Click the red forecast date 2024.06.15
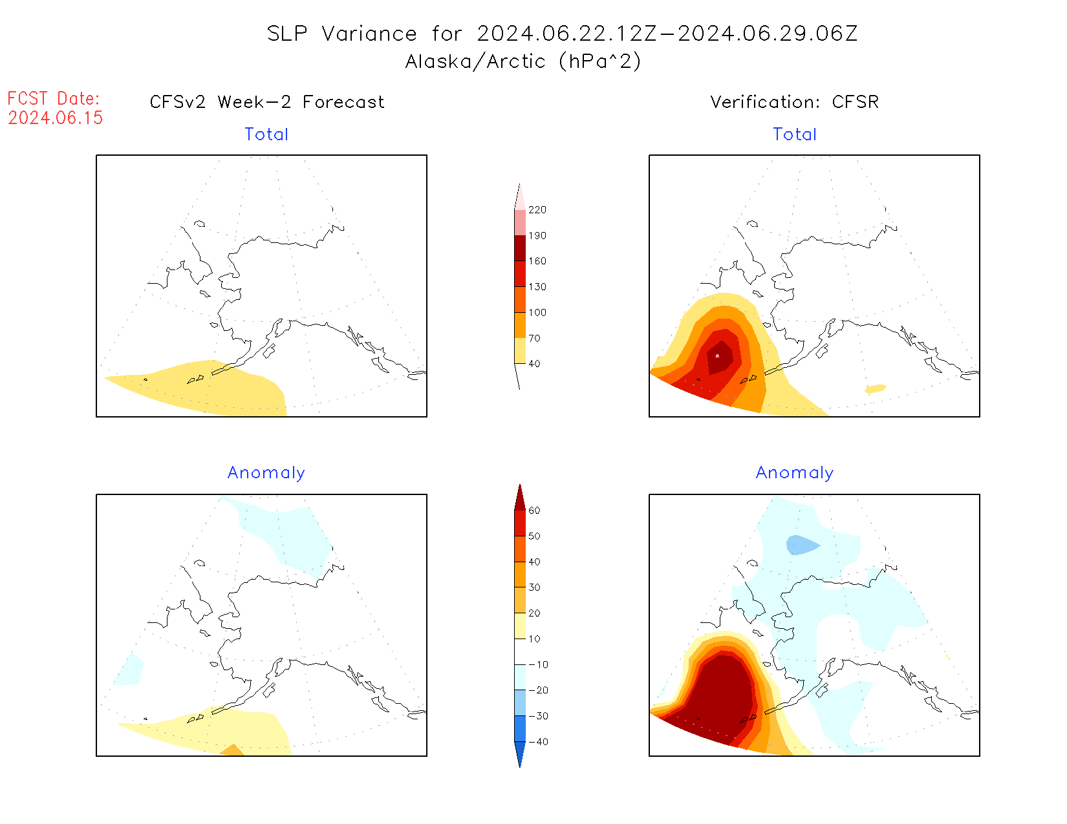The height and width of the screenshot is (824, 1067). pos(56,118)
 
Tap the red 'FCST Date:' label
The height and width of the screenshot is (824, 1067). pos(54,99)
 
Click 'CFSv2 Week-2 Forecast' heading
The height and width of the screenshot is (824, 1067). pos(267,102)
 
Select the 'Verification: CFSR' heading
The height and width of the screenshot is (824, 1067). pos(795,102)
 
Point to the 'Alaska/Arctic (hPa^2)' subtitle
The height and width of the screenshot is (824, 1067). pos(523,61)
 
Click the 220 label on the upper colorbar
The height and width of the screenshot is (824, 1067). pos(537,210)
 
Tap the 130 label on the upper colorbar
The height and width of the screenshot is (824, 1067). pos(537,287)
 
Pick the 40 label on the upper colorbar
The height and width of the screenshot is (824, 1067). pos(534,364)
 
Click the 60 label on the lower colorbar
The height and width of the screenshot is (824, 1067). pos(534,511)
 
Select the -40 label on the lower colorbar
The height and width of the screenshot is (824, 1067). pos(538,742)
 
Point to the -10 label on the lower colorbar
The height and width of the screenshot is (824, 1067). pos(538,665)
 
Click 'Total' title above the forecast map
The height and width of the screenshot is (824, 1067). pos(266,134)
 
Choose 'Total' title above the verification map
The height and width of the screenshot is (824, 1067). pos(795,134)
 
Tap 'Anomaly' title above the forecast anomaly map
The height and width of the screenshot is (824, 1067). pos(266,473)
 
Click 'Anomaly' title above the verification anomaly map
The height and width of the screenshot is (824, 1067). pos(795,473)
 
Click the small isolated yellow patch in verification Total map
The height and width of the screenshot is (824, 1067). pos(876,389)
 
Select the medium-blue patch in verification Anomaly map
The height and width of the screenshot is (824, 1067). pos(801,545)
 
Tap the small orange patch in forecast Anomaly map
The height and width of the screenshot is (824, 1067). pos(232,750)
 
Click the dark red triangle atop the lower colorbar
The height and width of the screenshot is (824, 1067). pos(520,498)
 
